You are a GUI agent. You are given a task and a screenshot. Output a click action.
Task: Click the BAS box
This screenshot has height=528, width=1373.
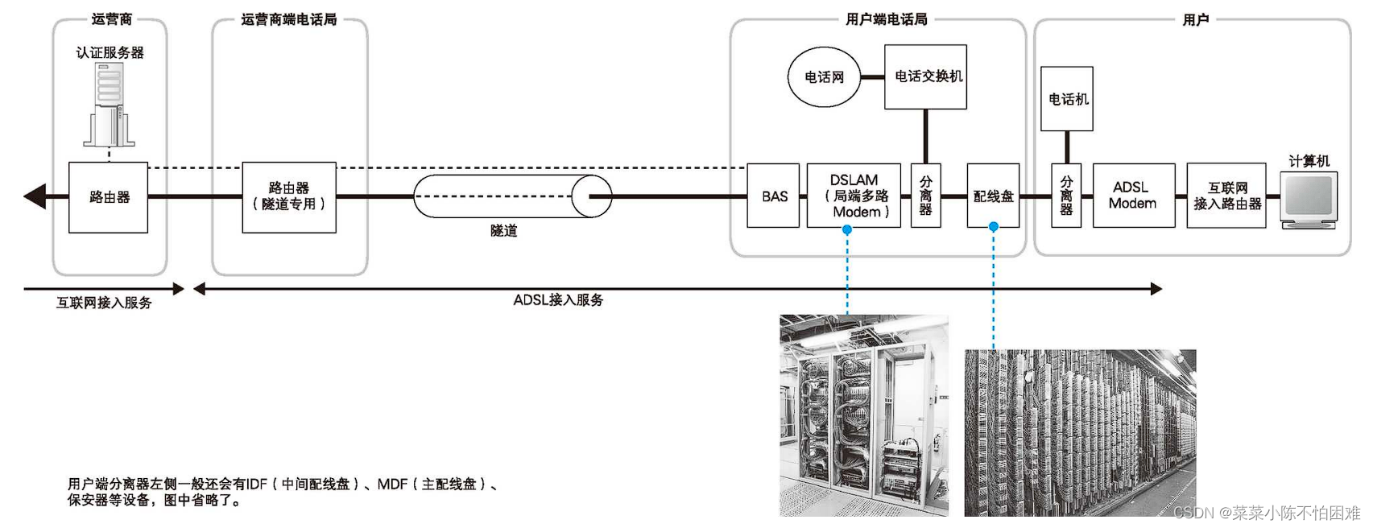pyautogui.click(x=773, y=196)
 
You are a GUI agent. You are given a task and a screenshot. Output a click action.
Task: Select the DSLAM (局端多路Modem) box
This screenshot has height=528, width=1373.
pyautogui.click(x=854, y=196)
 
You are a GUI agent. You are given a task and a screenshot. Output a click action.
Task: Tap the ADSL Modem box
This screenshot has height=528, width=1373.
pyautogui.click(x=1133, y=196)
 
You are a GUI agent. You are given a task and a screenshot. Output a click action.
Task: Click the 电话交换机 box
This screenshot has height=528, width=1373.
pyautogui.click(x=925, y=76)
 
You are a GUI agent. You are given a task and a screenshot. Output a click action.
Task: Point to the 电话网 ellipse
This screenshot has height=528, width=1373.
pyautogui.click(x=824, y=77)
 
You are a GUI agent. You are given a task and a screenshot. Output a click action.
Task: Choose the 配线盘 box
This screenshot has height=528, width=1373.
pyautogui.click(x=993, y=196)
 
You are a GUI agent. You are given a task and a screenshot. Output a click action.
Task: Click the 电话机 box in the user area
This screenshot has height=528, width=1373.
pyautogui.click(x=1067, y=98)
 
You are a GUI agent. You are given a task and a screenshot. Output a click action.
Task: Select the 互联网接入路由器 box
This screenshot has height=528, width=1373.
pyautogui.click(x=1226, y=196)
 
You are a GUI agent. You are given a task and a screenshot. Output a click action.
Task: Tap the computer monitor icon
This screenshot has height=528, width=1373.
pyautogui.click(x=1309, y=198)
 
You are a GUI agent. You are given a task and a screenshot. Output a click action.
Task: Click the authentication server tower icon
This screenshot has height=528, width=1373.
pyautogui.click(x=109, y=105)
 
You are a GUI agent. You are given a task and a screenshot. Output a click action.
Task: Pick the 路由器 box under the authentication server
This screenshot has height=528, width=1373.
pyautogui.click(x=108, y=197)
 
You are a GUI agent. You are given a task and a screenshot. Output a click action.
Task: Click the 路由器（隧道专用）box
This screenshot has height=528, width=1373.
pyautogui.click(x=289, y=197)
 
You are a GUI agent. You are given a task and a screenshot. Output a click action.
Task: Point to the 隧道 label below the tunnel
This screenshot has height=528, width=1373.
pyautogui.click(x=503, y=231)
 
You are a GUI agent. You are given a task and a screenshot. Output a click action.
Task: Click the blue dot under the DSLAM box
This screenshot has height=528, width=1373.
pyautogui.click(x=847, y=229)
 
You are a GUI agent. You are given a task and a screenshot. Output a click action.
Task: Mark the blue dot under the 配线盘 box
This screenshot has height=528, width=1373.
pyautogui.click(x=994, y=227)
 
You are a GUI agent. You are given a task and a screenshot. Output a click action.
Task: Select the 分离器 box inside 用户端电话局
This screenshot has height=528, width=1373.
pyautogui.click(x=925, y=196)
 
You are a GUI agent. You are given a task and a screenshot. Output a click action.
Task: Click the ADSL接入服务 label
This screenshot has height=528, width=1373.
pyautogui.click(x=558, y=300)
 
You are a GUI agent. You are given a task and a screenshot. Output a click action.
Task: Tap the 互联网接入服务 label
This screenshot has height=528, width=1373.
pyautogui.click(x=104, y=303)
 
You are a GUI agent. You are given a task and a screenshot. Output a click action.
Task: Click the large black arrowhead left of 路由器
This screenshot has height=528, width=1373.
pyautogui.click(x=35, y=196)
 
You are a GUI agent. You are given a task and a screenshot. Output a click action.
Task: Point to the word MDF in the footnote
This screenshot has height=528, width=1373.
pyautogui.click(x=392, y=484)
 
